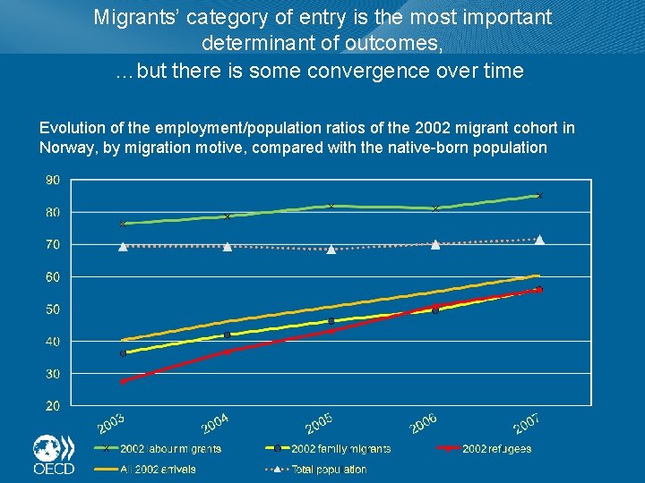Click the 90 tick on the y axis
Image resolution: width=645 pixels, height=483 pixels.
point(53,180)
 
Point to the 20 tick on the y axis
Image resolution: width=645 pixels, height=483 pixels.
point(53,406)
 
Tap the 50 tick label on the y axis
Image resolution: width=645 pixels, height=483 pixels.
point(53,309)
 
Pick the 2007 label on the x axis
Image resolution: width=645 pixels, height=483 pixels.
point(527,419)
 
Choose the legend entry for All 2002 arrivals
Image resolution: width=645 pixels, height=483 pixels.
point(158,469)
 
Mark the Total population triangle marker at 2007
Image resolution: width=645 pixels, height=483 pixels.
point(539,240)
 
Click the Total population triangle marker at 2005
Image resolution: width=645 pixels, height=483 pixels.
point(331,250)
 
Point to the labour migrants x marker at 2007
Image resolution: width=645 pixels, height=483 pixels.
point(539,195)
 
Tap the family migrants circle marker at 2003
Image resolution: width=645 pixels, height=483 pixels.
point(124,353)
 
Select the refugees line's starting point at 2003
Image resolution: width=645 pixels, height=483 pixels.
point(124,381)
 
